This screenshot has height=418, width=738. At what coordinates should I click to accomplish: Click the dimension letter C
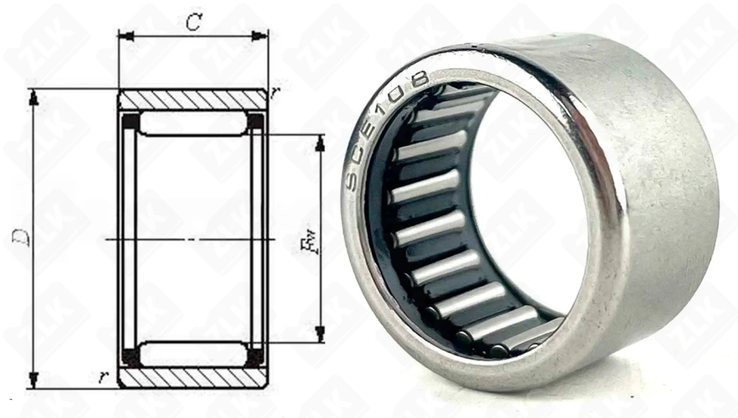coord(193,22)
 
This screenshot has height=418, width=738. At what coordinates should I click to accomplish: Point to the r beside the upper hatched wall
coord(274,91)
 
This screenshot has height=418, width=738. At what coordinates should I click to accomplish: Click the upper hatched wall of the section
coord(193,100)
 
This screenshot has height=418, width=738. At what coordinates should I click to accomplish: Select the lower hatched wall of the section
coord(193,377)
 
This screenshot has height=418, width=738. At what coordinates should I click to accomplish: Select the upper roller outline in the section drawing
coord(193,123)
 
